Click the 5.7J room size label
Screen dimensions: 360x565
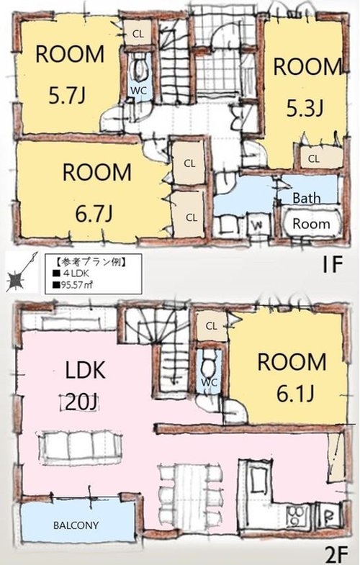click(x=67, y=96)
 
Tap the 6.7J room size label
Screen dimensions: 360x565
click(x=94, y=213)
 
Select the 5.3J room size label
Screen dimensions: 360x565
click(x=305, y=108)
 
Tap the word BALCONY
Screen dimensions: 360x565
click(x=76, y=525)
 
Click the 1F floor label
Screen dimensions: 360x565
click(x=331, y=265)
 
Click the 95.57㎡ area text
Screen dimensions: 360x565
click(x=73, y=285)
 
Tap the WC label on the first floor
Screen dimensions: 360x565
click(x=138, y=91)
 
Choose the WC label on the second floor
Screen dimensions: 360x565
click(x=209, y=382)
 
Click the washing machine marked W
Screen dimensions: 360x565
click(x=257, y=225)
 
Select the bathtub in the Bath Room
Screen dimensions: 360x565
click(x=311, y=223)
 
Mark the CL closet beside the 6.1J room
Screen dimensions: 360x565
click(x=212, y=327)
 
